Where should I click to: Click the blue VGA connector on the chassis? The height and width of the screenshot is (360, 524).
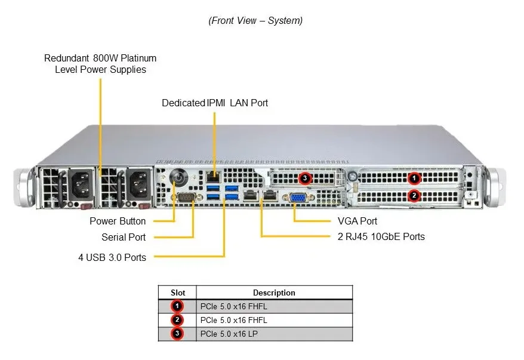298,198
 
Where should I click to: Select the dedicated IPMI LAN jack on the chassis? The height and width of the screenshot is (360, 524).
214,176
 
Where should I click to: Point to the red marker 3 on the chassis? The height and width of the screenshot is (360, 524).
305,178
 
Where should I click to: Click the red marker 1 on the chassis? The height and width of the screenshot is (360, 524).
414,178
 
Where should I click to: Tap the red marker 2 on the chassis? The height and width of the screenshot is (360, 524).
414,196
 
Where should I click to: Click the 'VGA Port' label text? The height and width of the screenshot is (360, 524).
357,221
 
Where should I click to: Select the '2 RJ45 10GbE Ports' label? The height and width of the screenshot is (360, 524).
381,236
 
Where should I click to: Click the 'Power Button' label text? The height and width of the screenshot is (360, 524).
118,221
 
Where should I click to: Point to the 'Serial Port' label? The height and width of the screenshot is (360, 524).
124,237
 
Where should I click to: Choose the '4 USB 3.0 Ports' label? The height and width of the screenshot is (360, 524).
112,257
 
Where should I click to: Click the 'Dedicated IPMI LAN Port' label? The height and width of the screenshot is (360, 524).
215,103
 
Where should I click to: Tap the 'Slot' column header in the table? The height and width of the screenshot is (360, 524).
178,293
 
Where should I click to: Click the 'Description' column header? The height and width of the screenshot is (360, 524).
274,293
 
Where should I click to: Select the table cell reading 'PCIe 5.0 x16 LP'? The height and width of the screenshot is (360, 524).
229,334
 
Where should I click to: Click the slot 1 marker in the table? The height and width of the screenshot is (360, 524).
177,306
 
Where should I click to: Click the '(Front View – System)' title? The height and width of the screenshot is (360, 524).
255,21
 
